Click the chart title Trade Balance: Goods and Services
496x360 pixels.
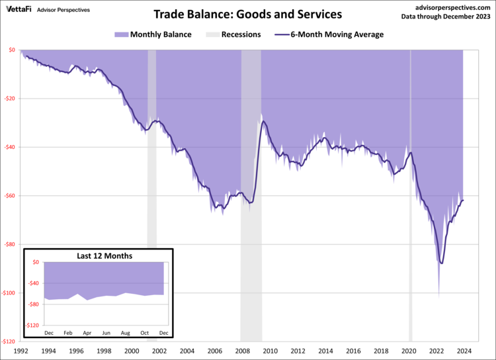[x=247, y=14]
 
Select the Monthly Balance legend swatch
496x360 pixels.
[x=119, y=34]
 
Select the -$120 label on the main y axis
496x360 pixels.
[x=9, y=342]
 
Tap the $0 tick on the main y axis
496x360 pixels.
[x=13, y=50]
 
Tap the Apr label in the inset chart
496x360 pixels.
[x=87, y=332]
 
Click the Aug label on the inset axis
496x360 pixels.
[x=125, y=332]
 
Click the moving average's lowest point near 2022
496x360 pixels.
[x=441, y=263]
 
